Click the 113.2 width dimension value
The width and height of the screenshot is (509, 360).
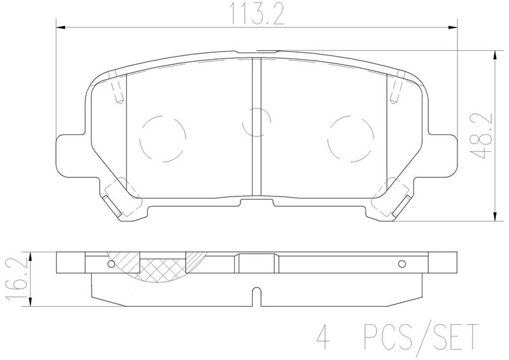tap(257, 14)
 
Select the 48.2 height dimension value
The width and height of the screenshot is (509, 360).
tap(482, 135)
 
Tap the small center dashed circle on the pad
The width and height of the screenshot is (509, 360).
tap(244, 122)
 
